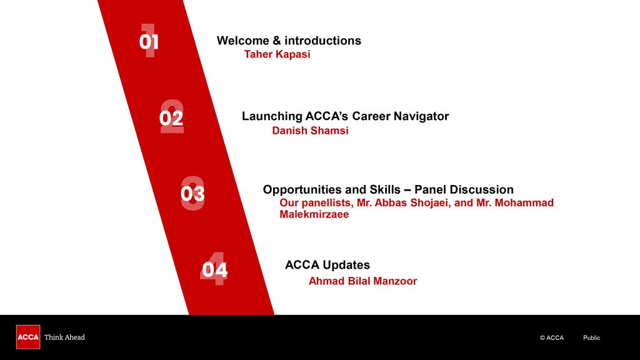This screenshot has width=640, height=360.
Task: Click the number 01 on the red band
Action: click(149, 42)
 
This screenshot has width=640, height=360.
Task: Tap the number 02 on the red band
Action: click(171, 118)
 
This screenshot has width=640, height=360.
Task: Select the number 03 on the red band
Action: click(192, 194)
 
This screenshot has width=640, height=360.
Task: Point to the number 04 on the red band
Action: click(215, 270)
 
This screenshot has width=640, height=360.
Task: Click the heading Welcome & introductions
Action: click(289, 41)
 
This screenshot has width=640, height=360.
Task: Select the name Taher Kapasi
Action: click(277, 54)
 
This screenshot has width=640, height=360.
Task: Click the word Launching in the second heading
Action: click(272, 116)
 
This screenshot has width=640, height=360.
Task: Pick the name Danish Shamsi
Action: click(310, 131)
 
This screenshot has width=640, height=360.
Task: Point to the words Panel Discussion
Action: click(464, 189)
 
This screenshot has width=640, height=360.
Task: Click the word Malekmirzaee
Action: click(314, 215)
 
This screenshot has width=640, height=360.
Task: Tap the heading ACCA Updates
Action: click(327, 265)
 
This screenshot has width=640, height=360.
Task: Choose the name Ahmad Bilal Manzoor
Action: click(363, 281)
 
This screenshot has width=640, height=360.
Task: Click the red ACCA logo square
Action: click(28, 337)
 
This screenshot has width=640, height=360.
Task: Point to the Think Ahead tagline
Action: click(64, 337)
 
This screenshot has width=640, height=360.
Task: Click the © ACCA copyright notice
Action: click(552, 338)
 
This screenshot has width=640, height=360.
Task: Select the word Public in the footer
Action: click(591, 338)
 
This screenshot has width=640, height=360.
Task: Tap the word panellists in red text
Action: click(327, 203)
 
